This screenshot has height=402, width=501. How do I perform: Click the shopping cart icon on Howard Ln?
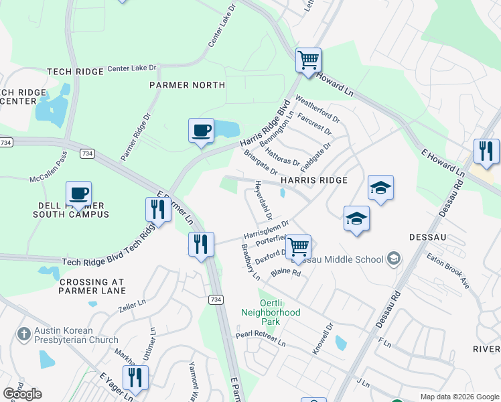(x=308, y=60)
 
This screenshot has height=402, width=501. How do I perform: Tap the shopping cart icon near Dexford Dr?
(x=298, y=246)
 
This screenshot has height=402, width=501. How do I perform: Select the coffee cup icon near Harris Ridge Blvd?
(x=201, y=130)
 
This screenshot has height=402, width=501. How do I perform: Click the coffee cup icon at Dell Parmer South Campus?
(x=78, y=194)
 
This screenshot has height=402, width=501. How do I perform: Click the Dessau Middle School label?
(x=346, y=259)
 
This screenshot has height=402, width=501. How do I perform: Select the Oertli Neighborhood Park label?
(x=271, y=313)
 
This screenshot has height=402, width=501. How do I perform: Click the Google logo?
(x=22, y=394)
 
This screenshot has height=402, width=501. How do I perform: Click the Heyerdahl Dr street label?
(x=263, y=198)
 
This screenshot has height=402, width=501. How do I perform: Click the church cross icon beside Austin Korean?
(x=23, y=334)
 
